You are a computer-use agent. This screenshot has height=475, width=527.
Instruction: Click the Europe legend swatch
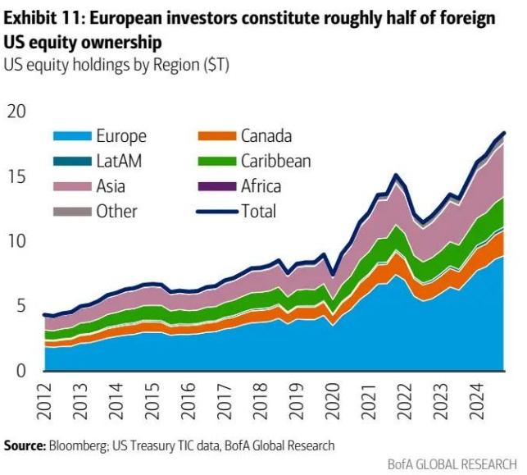(72, 137)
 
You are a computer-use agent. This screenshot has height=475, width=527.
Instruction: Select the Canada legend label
(266, 137)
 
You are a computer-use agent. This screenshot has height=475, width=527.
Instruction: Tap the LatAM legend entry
(119, 162)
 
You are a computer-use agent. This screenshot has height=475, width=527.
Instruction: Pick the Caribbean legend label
(275, 162)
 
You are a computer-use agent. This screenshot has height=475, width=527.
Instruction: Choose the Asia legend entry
(111, 187)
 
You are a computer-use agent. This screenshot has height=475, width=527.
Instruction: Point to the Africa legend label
(261, 187)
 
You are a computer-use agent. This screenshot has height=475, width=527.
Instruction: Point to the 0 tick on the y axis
(22, 372)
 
